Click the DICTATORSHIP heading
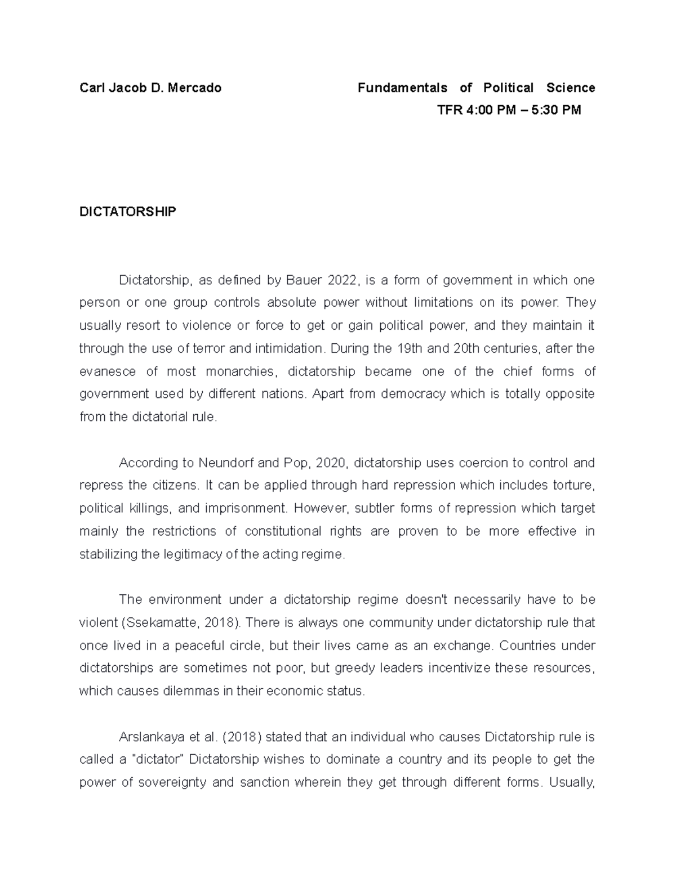click(127, 212)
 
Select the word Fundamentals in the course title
click(402, 88)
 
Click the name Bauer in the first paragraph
click(305, 280)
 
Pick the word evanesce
click(108, 372)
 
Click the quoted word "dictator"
click(158, 760)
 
